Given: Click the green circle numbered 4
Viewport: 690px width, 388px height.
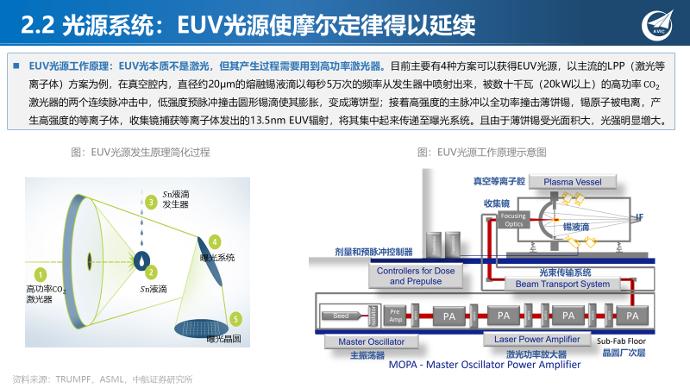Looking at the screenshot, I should pyautogui.click(x=214, y=241).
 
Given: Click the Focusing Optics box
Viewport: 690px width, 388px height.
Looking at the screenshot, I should pyautogui.click(x=513, y=220).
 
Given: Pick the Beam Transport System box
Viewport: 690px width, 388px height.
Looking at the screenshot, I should pyautogui.click(x=562, y=284).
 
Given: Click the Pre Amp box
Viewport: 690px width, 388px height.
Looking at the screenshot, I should pyautogui.click(x=395, y=316).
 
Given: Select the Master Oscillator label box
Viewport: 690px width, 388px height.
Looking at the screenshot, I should pyautogui.click(x=362, y=342).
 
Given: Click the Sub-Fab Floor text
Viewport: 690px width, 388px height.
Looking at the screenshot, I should pyautogui.click(x=622, y=341).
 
